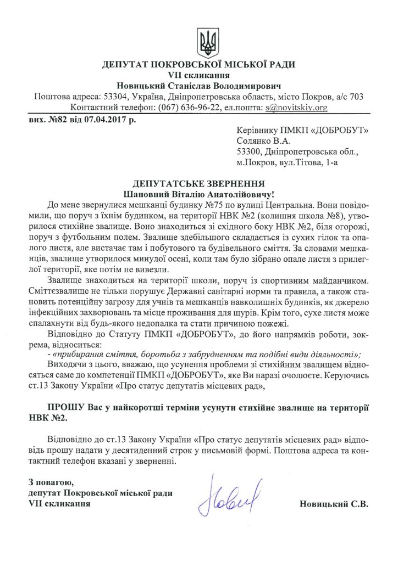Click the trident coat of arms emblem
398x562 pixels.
[x=208, y=41]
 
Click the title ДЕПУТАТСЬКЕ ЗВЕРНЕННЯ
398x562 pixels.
[x=199, y=183]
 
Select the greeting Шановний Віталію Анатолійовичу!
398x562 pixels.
[x=199, y=194]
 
